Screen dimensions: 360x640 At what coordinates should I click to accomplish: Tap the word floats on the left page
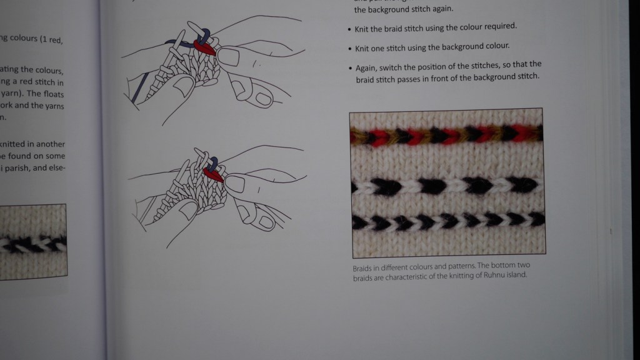coord(49,94)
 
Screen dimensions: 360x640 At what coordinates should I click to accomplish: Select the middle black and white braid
coord(446,185)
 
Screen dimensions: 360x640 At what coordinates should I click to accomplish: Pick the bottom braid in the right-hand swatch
coord(446,220)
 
